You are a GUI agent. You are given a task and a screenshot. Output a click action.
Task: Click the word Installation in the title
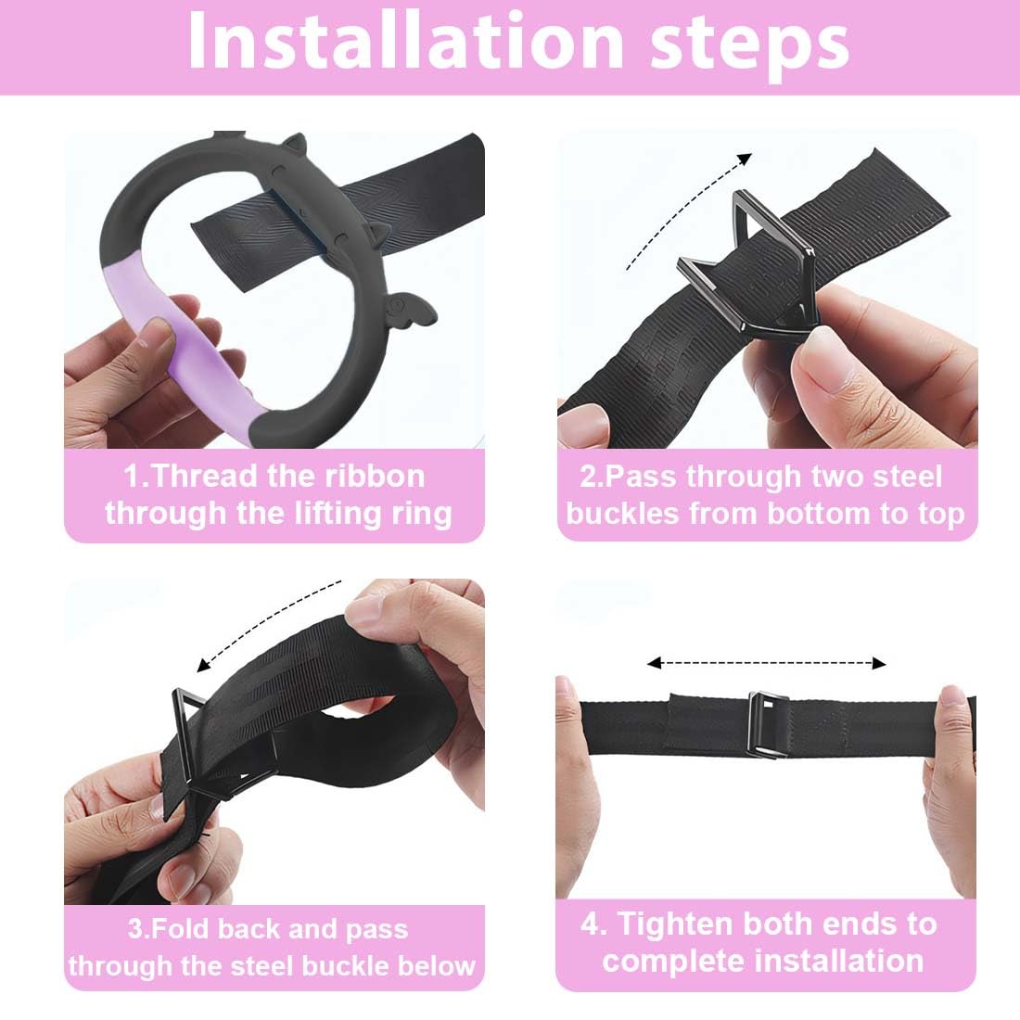(x=405, y=40)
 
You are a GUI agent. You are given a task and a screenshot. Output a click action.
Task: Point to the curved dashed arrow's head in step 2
(x=746, y=159)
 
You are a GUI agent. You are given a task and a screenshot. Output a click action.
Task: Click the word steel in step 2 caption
(x=907, y=477)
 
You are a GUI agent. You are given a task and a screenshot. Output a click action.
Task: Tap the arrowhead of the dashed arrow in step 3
(x=204, y=665)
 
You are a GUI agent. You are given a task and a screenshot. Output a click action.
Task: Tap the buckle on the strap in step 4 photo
(x=769, y=725)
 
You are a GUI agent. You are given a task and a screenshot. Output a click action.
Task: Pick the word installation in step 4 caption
(x=839, y=961)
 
